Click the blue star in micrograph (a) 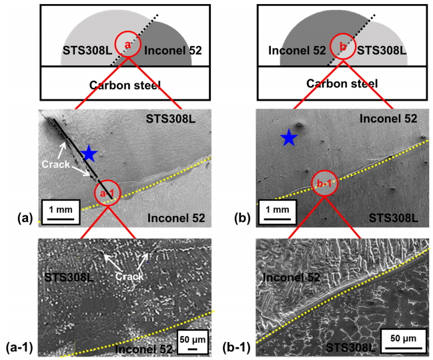(x=89, y=153)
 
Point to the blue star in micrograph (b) (x=289, y=138)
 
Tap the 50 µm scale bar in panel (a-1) (x=191, y=344)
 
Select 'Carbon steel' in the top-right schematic (x=341, y=83)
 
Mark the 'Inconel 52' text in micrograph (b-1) (x=291, y=277)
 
